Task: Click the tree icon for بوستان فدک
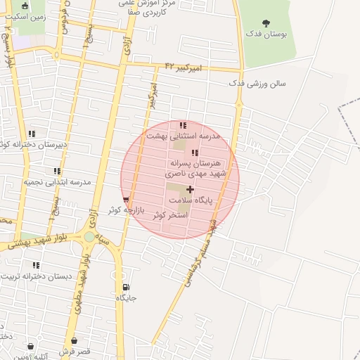(x=266, y=23)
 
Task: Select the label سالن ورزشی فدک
(x=257, y=83)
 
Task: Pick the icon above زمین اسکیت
(x=25, y=6)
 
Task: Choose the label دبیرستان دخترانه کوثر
(x=31, y=144)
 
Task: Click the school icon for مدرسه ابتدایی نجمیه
(x=57, y=171)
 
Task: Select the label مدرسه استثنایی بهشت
(x=183, y=135)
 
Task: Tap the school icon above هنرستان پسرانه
(x=195, y=153)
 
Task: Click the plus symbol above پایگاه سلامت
(x=190, y=189)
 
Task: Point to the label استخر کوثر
(x=171, y=215)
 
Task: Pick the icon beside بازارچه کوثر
(x=126, y=200)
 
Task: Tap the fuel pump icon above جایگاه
(x=126, y=287)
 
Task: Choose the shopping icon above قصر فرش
(x=31, y=346)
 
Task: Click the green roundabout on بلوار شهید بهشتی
(x=89, y=237)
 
